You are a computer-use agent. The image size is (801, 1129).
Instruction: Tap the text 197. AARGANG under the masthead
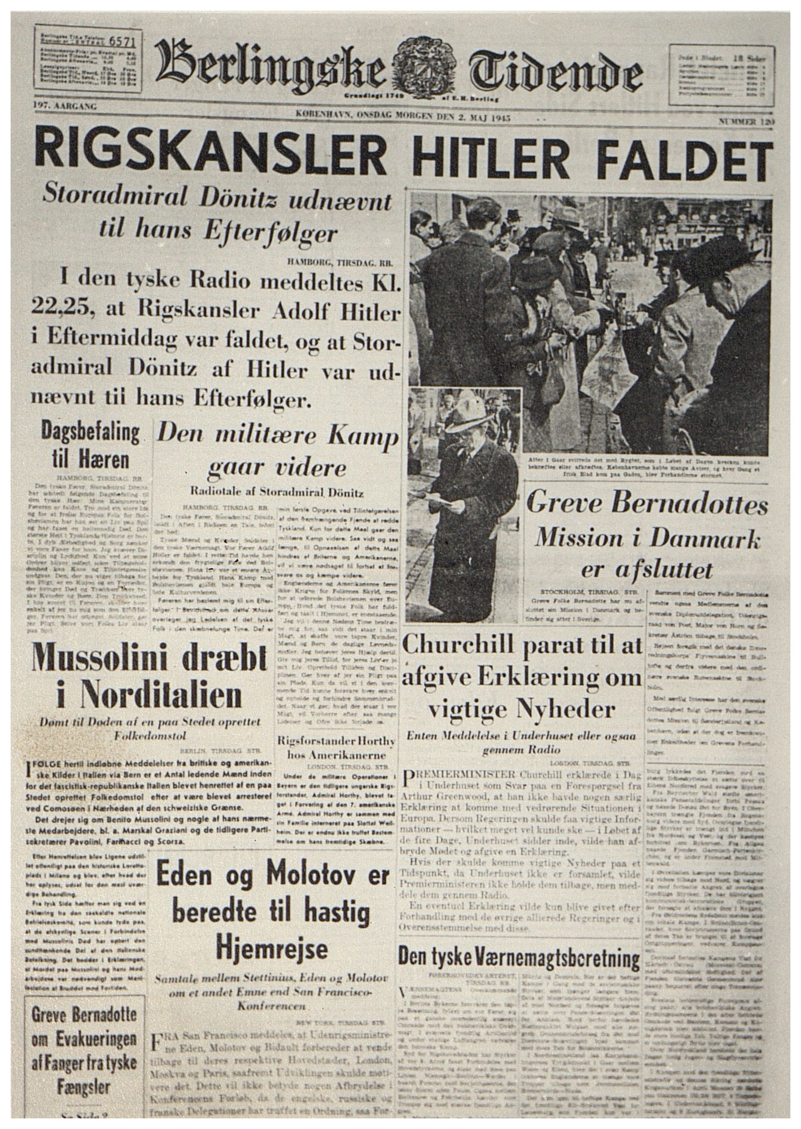pos(65,105)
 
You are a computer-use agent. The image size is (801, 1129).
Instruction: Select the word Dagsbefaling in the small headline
pos(90,433)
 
